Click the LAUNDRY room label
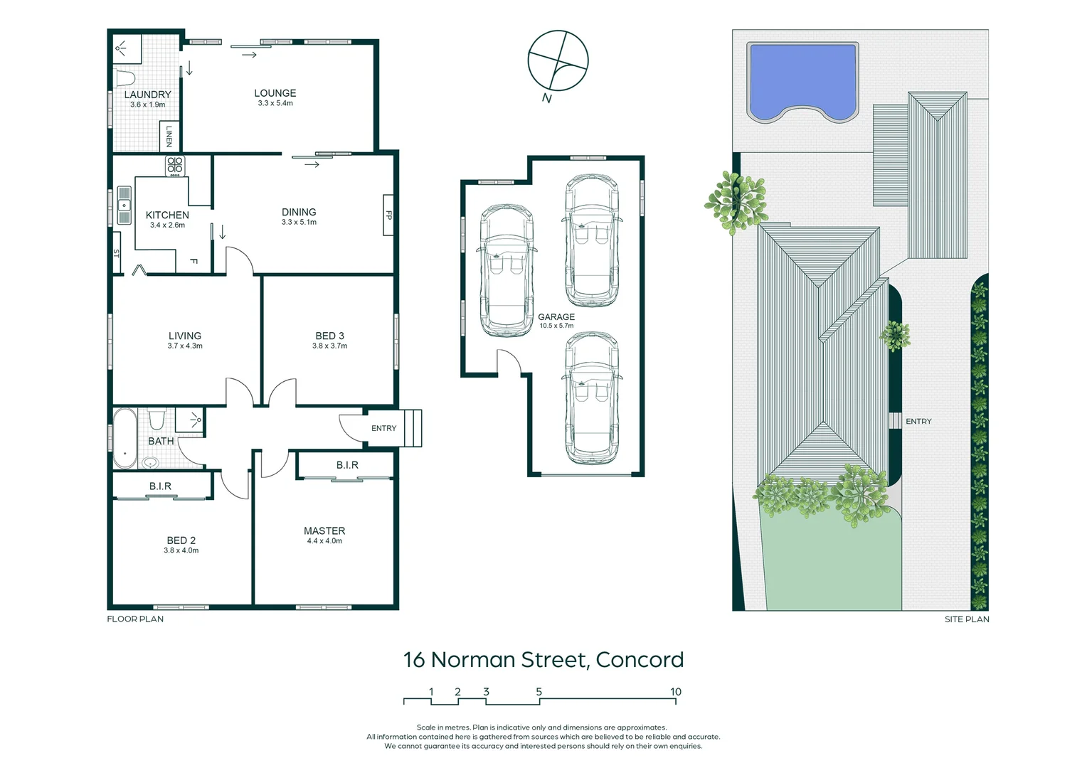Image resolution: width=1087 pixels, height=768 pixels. [x=147, y=95]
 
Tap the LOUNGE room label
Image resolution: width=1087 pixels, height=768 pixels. [x=275, y=93]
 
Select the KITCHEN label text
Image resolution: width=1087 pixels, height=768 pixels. [x=167, y=215]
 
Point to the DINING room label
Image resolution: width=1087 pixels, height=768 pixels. [x=299, y=212]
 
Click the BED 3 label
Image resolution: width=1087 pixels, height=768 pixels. [x=329, y=336]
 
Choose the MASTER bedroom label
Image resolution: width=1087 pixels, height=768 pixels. [x=324, y=531]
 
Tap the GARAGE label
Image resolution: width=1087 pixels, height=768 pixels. [x=556, y=317]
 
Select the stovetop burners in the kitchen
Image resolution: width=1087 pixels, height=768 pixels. [x=175, y=166]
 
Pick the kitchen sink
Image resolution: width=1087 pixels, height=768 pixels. [x=124, y=205]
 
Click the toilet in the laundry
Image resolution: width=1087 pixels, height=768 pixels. [x=127, y=78]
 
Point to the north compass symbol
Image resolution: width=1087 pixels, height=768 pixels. [x=558, y=61]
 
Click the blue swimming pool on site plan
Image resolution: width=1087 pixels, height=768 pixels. [x=802, y=80]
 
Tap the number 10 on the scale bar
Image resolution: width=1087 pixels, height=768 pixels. [x=675, y=692]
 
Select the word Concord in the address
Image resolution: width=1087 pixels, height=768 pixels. [x=640, y=660]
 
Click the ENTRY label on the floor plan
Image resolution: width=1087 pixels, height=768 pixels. [x=383, y=428]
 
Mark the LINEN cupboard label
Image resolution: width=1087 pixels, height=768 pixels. [x=169, y=136]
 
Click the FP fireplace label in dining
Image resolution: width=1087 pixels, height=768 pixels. [x=388, y=215]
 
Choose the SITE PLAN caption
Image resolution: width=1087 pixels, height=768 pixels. [x=966, y=619]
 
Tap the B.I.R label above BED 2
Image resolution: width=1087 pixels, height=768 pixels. [x=160, y=486]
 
